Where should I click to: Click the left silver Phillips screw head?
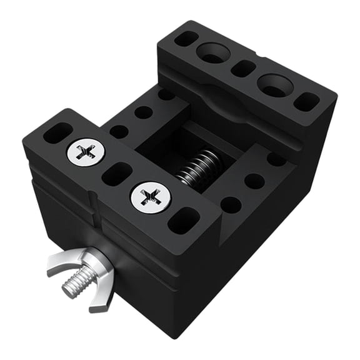tap(86, 151)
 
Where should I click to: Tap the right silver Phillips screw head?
tap(150, 197)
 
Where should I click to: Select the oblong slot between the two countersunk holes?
tap(243, 68)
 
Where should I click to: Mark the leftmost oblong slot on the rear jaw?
tap(186, 39)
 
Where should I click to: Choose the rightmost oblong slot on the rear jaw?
tap(306, 101)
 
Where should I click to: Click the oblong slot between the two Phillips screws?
tap(117, 174)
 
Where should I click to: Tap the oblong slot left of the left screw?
tap(57, 132)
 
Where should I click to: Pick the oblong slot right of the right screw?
tap(184, 220)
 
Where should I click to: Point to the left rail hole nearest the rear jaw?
tap(166, 95)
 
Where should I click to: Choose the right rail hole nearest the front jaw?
tap(231, 205)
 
